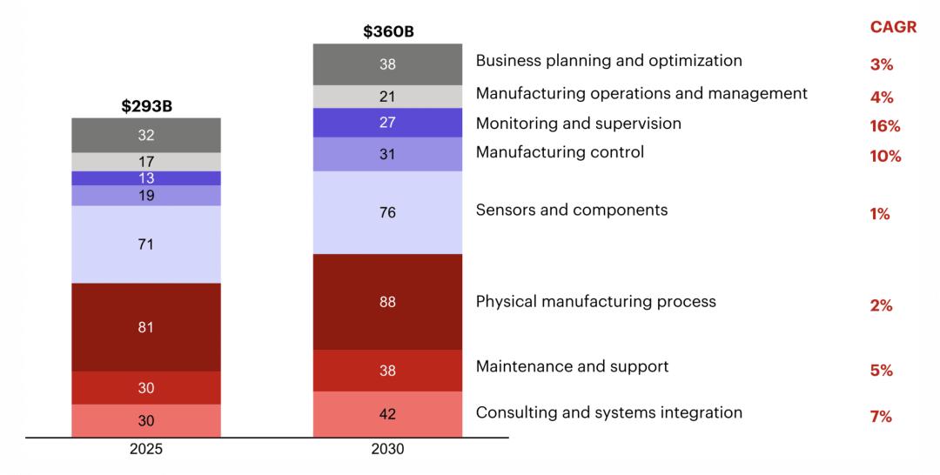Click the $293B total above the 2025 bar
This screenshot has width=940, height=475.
coord(146,106)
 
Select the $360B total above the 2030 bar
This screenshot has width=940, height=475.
coord(388,32)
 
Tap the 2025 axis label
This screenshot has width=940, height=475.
coord(146,450)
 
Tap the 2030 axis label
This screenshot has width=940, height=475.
coord(388,450)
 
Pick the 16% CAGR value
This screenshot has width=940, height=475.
coord(885,126)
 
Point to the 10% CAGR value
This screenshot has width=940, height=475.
coord(885,157)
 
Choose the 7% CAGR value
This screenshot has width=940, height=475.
coord(881,417)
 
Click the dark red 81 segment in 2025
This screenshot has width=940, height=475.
coord(146,327)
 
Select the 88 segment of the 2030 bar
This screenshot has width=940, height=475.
coord(388,302)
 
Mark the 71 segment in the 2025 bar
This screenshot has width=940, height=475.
coord(146,244)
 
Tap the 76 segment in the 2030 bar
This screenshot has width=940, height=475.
coord(388,212)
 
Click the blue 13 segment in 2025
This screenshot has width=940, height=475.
coord(146,177)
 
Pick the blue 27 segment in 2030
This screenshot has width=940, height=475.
coord(388,123)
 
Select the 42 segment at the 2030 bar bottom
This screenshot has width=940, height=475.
coord(388,414)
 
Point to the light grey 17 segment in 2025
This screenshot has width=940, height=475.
coord(146,162)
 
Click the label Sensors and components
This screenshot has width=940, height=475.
coord(572,211)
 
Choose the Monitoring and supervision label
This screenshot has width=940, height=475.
coord(578,124)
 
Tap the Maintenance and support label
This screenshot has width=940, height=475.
coord(572,366)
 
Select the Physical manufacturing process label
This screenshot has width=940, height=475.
coord(595,302)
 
